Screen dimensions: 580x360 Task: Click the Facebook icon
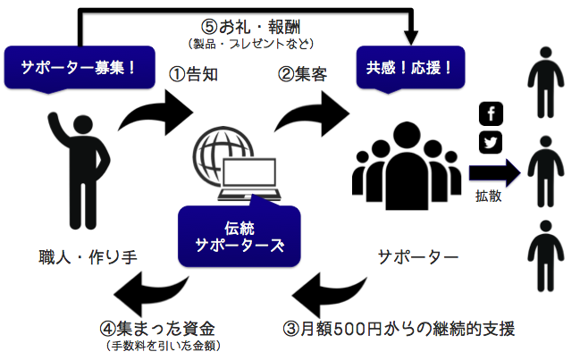pos(491,113)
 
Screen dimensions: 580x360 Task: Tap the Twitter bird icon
pos(491,142)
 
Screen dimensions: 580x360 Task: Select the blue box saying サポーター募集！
pos(80,68)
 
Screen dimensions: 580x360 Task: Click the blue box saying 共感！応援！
pos(410,68)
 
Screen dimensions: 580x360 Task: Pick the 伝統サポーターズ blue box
pos(240,236)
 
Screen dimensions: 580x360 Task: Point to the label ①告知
pos(193,74)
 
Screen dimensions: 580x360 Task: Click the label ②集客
pos(303,74)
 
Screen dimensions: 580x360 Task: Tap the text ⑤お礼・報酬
pos(251,27)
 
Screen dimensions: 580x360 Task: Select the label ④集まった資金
pos(157,328)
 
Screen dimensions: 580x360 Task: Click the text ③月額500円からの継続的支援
pos(399,329)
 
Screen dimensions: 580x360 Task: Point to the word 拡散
pos(488,196)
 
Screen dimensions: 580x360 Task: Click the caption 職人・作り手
pos(88,257)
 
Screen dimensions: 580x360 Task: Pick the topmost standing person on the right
pos(546,82)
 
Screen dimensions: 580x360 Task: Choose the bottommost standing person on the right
pos(546,256)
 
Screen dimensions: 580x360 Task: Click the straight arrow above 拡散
pos(494,172)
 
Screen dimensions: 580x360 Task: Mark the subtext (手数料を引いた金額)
pos(164,346)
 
